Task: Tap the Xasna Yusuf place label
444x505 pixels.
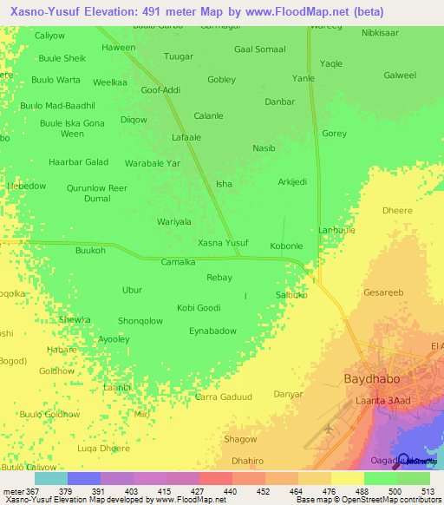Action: pyautogui.click(x=223, y=243)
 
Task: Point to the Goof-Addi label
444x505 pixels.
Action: pyautogui.click(x=160, y=89)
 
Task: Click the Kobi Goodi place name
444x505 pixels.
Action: pyautogui.click(x=199, y=307)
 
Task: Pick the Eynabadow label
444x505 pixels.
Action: pyautogui.click(x=212, y=331)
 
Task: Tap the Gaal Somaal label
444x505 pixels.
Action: pyautogui.click(x=259, y=49)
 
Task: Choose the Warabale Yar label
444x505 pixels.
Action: pyautogui.click(x=152, y=162)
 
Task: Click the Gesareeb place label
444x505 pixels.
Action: pyautogui.click(x=384, y=292)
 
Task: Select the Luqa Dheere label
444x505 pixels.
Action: pyautogui.click(x=103, y=449)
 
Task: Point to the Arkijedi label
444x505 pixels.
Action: pyautogui.click(x=292, y=181)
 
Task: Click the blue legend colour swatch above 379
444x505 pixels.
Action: pyautogui.click(x=83, y=478)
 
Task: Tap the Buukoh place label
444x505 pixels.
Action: pyautogui.click(x=90, y=251)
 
